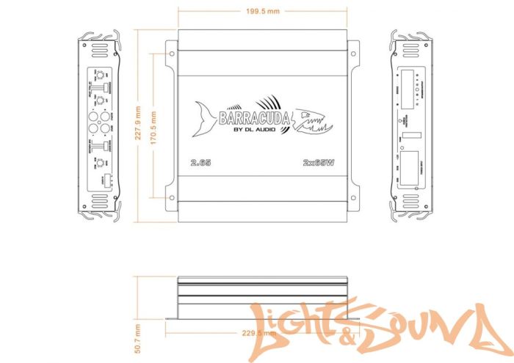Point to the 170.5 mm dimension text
pyautogui.click(x=153, y=125)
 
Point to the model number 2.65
pyautogui.click(x=200, y=163)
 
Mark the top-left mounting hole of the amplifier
pyautogui.click(x=171, y=53)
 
